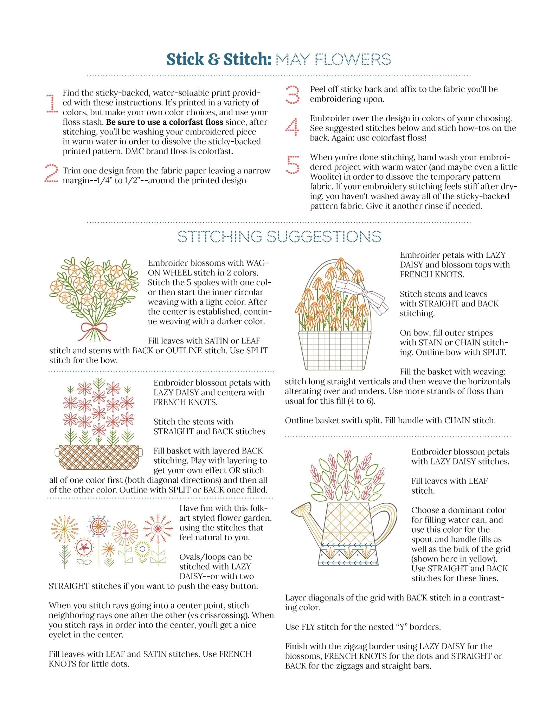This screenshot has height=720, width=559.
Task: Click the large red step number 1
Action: tap(52, 103)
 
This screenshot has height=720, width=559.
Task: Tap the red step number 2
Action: tap(51, 173)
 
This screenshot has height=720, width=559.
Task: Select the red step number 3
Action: tap(293, 95)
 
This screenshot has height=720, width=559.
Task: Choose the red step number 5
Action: tap(293, 165)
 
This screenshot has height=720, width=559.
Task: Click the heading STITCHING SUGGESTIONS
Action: tap(279, 237)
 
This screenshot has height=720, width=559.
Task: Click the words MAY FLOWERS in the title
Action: tap(333, 59)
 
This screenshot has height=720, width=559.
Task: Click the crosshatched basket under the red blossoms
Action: tap(99, 457)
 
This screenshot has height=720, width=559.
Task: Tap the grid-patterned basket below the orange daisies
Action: tap(335, 350)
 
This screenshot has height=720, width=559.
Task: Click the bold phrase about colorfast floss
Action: tap(165, 122)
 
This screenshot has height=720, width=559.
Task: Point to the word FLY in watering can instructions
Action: tap(309, 626)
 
